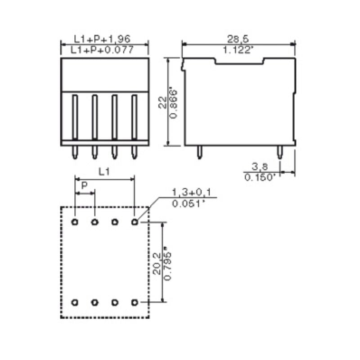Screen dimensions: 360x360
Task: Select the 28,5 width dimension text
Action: click(x=239, y=39)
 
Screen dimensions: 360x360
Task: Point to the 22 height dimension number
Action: click(x=162, y=104)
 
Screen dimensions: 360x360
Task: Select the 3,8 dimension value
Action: click(x=258, y=166)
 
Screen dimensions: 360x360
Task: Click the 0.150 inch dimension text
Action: click(x=260, y=177)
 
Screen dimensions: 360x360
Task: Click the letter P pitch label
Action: click(x=84, y=185)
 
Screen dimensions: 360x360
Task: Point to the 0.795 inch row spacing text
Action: click(x=169, y=264)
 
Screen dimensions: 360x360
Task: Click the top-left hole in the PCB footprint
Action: click(x=75, y=222)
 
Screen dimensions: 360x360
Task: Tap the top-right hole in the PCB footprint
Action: click(x=134, y=222)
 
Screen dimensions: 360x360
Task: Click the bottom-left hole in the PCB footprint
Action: click(x=75, y=302)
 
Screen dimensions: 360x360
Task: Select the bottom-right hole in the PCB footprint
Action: click(x=134, y=302)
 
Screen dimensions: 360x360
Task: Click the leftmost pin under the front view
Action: click(x=75, y=153)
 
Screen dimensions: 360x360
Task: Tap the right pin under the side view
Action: click(x=280, y=153)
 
